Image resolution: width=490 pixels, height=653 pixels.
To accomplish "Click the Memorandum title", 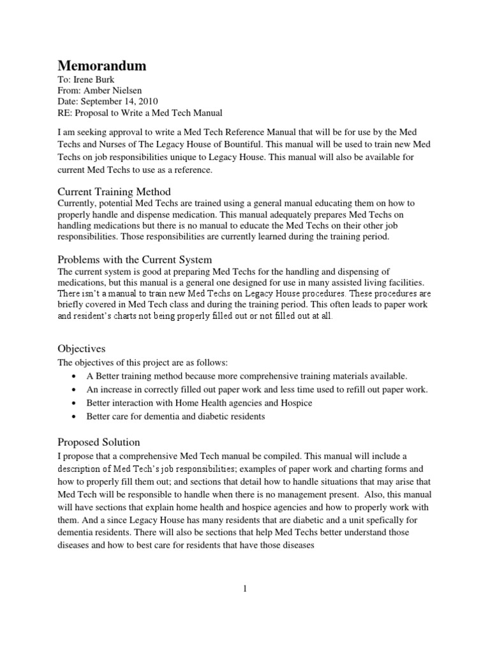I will [x=102, y=66].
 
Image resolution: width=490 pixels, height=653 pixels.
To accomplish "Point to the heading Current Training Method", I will [x=114, y=192].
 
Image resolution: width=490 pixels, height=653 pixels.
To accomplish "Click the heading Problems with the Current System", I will [x=135, y=260].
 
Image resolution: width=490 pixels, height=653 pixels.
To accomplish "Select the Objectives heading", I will [x=82, y=349].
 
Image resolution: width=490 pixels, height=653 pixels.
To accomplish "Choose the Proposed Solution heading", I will [x=99, y=442].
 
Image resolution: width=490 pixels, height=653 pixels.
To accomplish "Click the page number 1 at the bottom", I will [x=244, y=589].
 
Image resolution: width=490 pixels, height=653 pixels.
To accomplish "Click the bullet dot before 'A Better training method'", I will [x=76, y=377].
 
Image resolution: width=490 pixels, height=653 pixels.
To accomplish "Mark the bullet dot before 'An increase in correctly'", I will [x=76, y=390].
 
